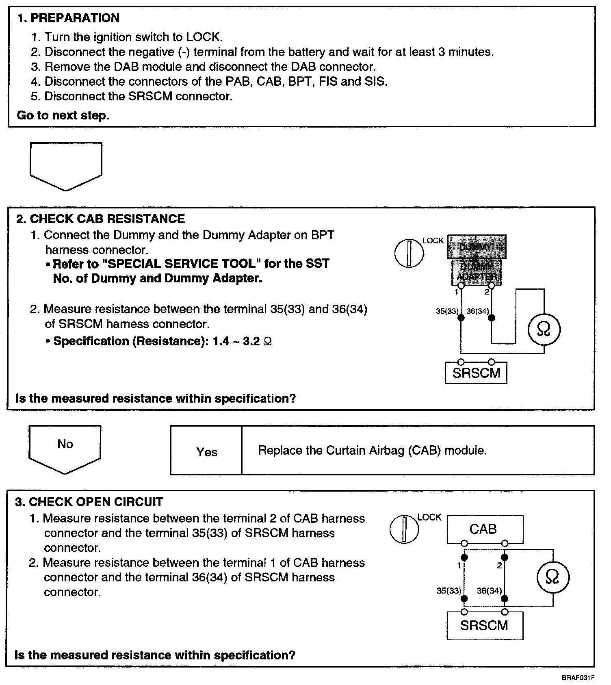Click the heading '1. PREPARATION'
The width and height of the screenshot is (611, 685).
tap(68, 18)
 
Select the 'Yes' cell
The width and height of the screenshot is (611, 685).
tap(206, 451)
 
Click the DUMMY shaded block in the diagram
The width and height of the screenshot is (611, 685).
tap(476, 247)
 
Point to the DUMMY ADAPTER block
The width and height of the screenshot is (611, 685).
tap(476, 271)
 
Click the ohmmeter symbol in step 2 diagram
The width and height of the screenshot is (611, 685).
tap(544, 329)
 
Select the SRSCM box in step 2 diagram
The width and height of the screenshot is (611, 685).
tap(476, 373)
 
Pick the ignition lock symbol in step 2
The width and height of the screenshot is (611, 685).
tap(409, 253)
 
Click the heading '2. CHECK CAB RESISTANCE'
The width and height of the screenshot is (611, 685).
tap(100, 219)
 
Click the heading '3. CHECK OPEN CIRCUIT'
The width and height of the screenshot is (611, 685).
tap(89, 502)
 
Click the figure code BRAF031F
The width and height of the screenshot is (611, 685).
tap(578, 678)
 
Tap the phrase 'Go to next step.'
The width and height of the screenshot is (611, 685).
tap(63, 115)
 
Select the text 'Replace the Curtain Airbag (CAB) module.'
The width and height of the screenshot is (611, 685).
tap(372, 451)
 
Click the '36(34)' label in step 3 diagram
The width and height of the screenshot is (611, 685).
tap(489, 591)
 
